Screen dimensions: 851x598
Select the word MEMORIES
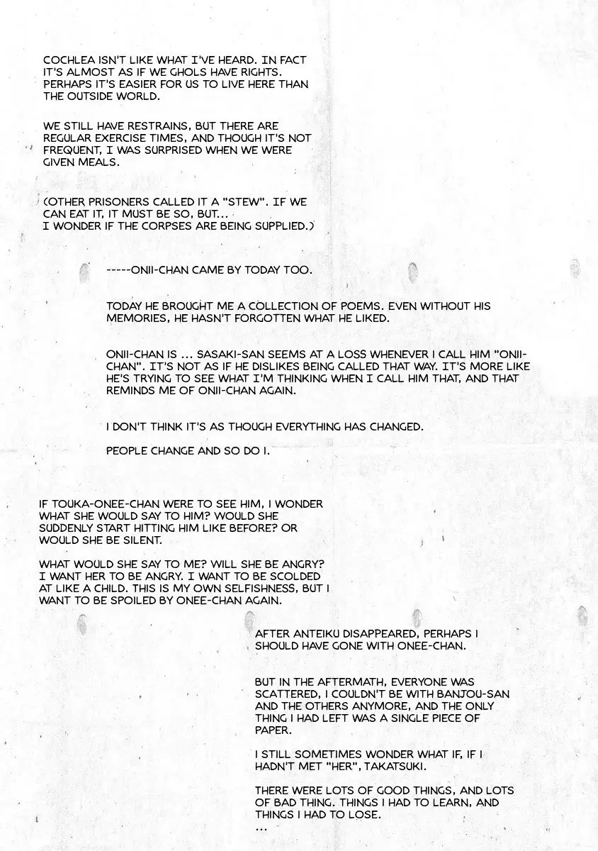point(137,318)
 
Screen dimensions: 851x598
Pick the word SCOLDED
point(294,576)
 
